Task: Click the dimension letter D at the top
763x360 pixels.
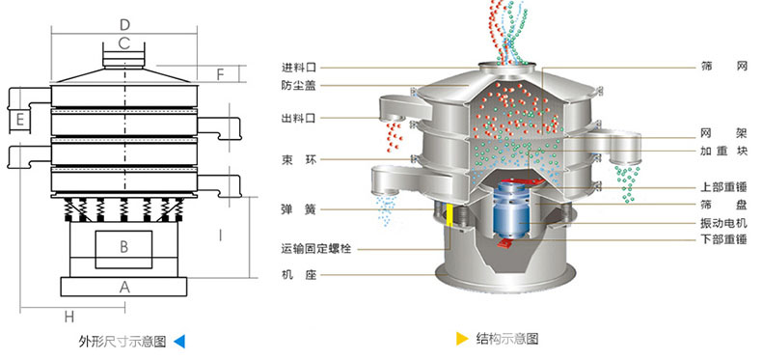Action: coord(124,23)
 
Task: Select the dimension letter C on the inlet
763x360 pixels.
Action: coord(124,42)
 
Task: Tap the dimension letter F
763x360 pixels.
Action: coord(219,73)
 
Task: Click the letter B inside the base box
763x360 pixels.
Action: coord(124,247)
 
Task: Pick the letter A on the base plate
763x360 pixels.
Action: coord(124,287)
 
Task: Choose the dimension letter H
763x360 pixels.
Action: coord(69,317)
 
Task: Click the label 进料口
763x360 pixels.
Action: coord(299,67)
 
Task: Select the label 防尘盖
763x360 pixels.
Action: coord(299,85)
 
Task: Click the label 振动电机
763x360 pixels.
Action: coord(722,223)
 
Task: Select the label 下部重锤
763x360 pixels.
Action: coord(722,239)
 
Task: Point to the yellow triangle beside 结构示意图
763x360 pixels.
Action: coord(462,339)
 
